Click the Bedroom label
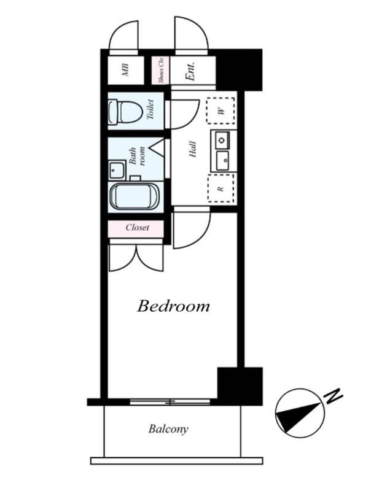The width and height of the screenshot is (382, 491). point(173,306)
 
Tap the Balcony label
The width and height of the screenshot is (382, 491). point(168,428)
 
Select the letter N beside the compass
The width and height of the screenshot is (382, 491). point(333,396)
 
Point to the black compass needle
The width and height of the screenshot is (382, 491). point(298,417)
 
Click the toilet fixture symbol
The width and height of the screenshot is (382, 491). point(125,112)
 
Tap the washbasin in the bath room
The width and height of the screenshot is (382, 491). point(117,170)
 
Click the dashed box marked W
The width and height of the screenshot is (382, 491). point(220,110)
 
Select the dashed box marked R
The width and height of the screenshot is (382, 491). point(221,188)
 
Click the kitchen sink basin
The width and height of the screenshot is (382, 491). point(222,161)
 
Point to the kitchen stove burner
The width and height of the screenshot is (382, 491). point(222,140)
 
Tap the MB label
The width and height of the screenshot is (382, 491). point(125,70)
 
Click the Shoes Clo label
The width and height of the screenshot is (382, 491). point(161,70)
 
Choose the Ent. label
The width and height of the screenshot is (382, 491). point(191,71)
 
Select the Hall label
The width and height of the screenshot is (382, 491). point(192,149)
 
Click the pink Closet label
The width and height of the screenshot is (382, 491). point(137,227)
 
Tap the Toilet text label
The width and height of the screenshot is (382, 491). point(150,109)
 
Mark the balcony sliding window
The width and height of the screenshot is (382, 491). point(170,402)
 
